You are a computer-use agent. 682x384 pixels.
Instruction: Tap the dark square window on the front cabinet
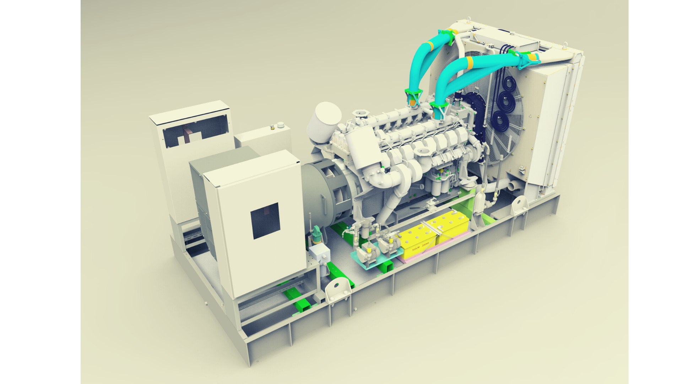tap(265, 220)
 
